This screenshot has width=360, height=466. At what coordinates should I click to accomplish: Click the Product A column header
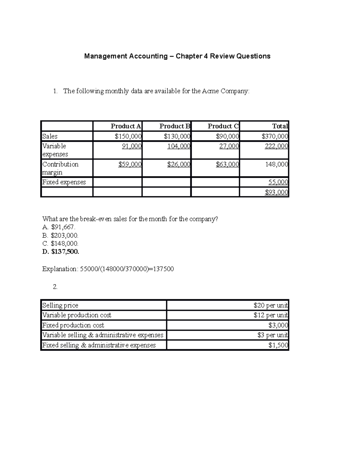(126, 126)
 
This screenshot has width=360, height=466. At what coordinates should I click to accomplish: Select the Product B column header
(175, 126)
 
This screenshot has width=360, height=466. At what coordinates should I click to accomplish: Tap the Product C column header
(223, 126)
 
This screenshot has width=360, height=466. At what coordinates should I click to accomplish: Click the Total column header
(280, 126)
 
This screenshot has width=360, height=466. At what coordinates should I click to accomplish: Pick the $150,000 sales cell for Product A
(128, 137)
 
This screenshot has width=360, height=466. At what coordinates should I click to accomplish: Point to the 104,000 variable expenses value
(178, 146)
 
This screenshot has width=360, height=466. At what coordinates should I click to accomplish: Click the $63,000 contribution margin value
(227, 164)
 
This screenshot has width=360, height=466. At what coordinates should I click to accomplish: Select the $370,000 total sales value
(274, 137)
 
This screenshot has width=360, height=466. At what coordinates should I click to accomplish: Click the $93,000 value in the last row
(276, 192)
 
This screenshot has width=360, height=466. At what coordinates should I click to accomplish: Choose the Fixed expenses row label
(64, 182)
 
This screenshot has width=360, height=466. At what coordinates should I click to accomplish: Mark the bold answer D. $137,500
(61, 252)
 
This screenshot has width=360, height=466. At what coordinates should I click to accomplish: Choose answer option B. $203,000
(60, 236)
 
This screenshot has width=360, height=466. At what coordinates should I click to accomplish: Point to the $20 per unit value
(270, 305)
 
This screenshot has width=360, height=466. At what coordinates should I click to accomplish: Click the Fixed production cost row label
(73, 325)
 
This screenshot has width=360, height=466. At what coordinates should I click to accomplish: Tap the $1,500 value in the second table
(278, 345)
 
